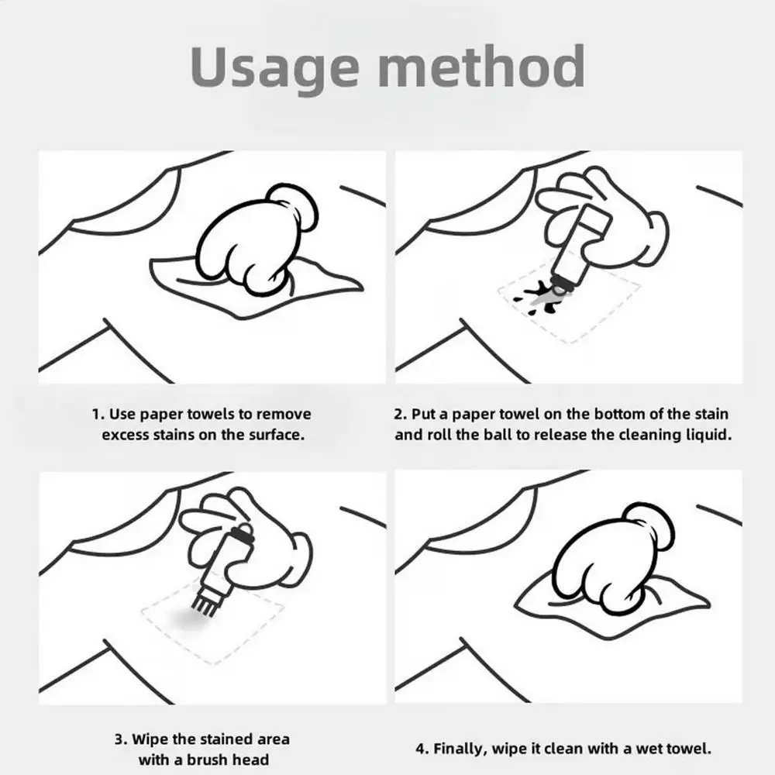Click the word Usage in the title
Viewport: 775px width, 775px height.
(x=275, y=68)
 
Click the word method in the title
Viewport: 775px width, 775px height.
(x=482, y=66)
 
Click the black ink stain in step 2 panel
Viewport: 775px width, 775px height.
(x=539, y=297)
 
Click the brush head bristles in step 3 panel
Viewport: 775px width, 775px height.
(x=200, y=605)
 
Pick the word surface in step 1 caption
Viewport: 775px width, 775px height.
(x=277, y=435)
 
